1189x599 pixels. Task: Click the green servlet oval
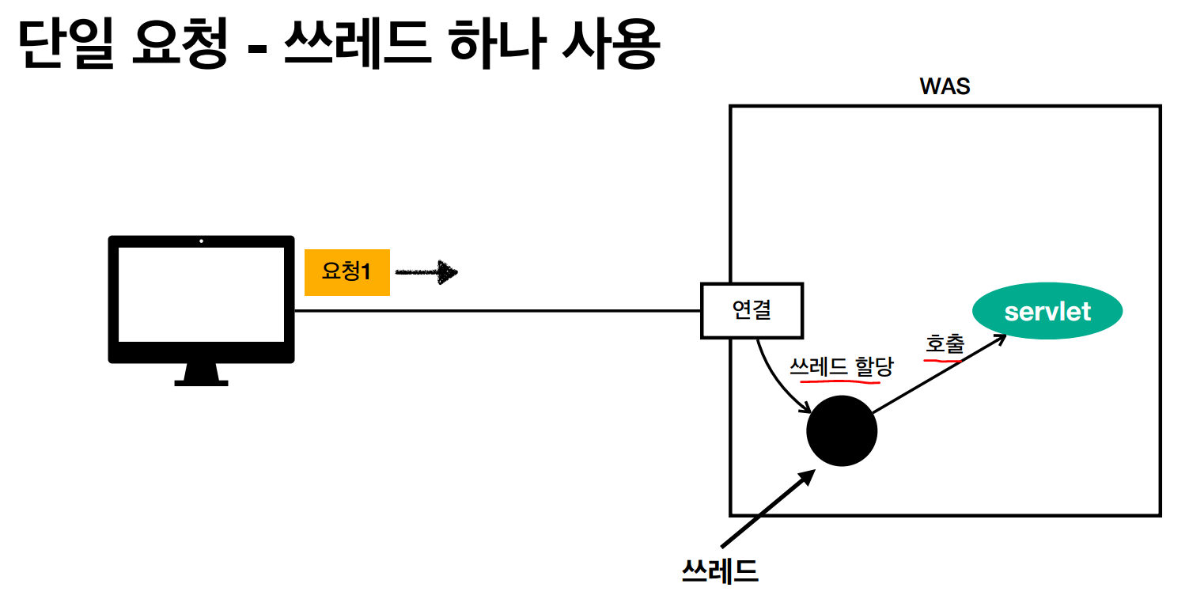click(x=1047, y=311)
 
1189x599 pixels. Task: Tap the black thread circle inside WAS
click(x=842, y=431)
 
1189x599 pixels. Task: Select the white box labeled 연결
click(x=752, y=310)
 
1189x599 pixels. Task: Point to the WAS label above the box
click(x=945, y=86)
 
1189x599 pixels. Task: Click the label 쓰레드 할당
click(x=841, y=366)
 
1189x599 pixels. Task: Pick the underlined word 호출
click(x=945, y=344)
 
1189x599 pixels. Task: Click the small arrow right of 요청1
click(x=426, y=273)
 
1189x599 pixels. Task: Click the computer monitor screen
click(x=201, y=294)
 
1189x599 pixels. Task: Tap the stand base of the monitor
click(x=201, y=382)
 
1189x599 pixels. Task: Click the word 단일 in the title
click(x=62, y=46)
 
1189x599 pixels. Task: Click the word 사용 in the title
click(x=609, y=46)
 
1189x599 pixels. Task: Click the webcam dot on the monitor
click(x=201, y=241)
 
